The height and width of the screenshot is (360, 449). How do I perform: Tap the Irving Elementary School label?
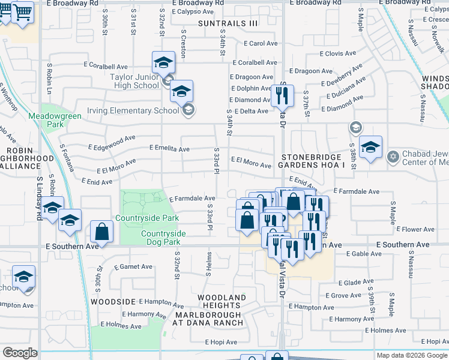(x=133, y=110)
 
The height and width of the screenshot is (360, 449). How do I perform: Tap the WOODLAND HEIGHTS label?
(x=222, y=301)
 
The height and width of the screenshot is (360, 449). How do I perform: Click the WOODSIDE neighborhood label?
(x=112, y=301)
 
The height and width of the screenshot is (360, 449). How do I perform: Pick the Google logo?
(x=20, y=353)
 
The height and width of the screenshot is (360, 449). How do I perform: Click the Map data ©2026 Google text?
(x=412, y=355)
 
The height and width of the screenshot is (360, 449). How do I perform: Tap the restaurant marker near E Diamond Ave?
(x=281, y=94)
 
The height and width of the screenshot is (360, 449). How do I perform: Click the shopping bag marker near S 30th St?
(x=102, y=231)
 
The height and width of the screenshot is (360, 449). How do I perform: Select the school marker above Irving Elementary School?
(x=181, y=91)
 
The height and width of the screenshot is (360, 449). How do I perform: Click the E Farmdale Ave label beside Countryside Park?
(x=192, y=199)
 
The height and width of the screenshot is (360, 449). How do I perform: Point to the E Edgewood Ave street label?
(x=111, y=142)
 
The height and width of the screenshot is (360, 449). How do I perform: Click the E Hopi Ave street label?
(x=222, y=342)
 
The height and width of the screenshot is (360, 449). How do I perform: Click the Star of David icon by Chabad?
(x=393, y=157)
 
